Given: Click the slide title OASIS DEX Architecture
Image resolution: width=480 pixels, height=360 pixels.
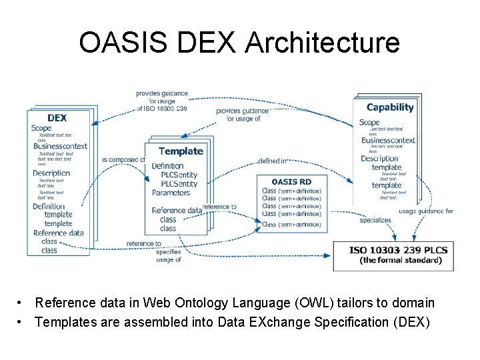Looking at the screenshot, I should [x=239, y=43].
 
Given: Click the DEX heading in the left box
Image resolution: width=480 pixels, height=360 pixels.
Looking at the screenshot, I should [x=57, y=118].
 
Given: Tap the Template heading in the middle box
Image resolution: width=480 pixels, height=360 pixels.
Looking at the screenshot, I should [x=181, y=151].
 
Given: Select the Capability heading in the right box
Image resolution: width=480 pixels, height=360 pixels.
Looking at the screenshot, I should [x=390, y=107].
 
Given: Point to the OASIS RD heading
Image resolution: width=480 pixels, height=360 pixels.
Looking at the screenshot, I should [x=291, y=181].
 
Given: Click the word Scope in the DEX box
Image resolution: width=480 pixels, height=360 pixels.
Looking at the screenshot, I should [x=41, y=128].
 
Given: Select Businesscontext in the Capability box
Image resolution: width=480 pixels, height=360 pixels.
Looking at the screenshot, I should [x=388, y=140].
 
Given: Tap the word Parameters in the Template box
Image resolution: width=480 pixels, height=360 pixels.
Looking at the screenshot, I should [x=171, y=193].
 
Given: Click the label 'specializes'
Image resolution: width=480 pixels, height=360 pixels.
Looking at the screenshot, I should [x=375, y=220].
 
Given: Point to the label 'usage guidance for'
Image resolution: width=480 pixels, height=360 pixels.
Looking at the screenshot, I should [x=426, y=211].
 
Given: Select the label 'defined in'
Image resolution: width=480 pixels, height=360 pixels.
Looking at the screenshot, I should [x=272, y=161].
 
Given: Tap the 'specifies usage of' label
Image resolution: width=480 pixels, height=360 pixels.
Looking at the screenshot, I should [x=168, y=255].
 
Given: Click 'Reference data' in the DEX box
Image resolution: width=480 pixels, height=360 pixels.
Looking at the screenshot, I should [x=59, y=233].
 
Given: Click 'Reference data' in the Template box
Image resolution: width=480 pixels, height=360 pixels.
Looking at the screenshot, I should [x=177, y=210].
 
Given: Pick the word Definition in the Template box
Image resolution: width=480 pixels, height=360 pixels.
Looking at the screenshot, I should [x=167, y=166].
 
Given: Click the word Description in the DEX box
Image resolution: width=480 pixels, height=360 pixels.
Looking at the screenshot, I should [x=51, y=173].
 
